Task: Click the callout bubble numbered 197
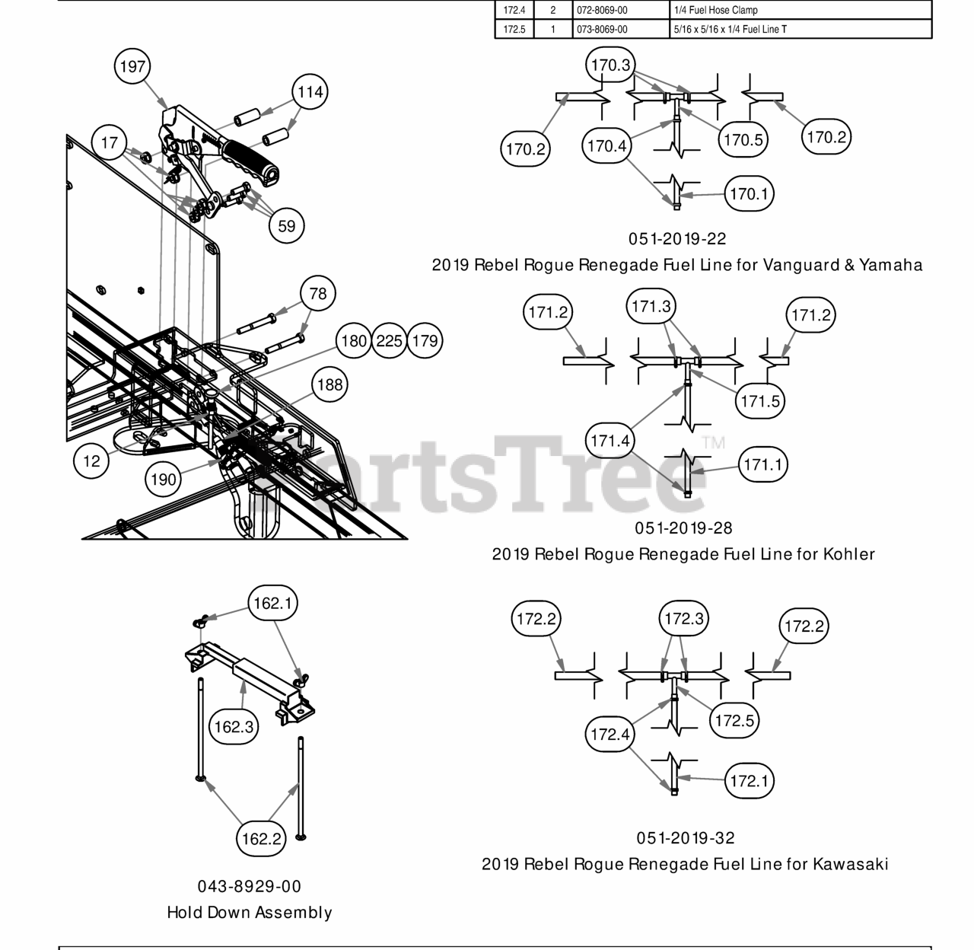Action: tap(132, 66)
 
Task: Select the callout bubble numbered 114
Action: tap(310, 92)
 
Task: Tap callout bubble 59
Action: tap(286, 226)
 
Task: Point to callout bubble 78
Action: tap(318, 294)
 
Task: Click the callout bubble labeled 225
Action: tap(389, 341)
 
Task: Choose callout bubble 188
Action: tap(329, 384)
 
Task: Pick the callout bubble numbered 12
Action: tap(91, 461)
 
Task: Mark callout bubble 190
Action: tap(163, 480)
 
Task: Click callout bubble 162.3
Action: tap(234, 727)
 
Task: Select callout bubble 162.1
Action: tap(272, 604)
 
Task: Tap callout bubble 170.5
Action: tap(743, 140)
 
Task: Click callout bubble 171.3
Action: tap(652, 307)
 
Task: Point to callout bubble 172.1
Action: tap(750, 781)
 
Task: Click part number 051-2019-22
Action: tap(677, 239)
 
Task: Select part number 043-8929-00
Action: tap(250, 887)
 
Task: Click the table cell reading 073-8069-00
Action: tap(601, 30)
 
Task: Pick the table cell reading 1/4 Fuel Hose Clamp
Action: tap(715, 11)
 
